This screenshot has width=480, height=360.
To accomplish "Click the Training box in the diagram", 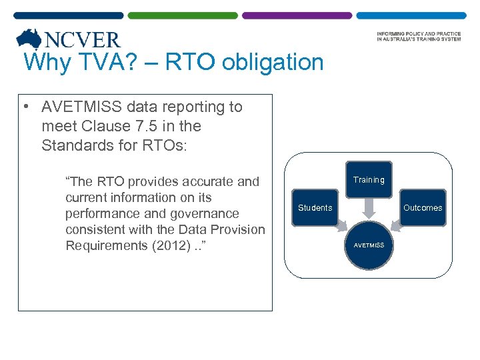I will click(x=369, y=180).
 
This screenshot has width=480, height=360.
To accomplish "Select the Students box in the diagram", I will click(x=315, y=208).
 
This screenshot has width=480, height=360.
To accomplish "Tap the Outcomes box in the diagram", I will click(x=423, y=208).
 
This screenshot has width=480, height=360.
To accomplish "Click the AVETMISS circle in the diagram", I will click(x=369, y=245).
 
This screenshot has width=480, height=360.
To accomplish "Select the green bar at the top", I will click(x=182, y=15).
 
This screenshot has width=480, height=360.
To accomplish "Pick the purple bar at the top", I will click(x=297, y=15).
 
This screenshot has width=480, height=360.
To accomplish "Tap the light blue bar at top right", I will click(x=411, y=15).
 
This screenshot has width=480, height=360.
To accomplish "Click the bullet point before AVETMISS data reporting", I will click(x=23, y=107).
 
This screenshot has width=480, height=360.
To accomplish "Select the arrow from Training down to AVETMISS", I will click(x=369, y=208).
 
